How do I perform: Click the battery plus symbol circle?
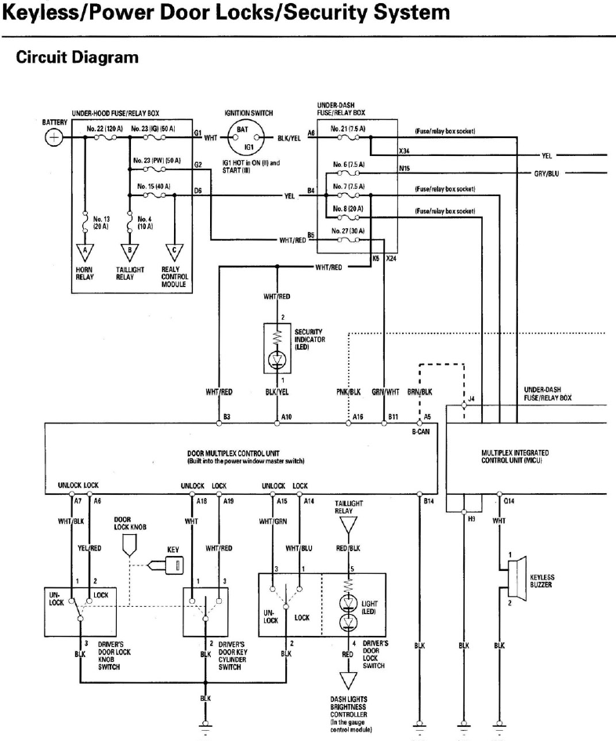click(54, 137)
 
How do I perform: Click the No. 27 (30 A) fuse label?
click(349, 232)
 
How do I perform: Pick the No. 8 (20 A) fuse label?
click(349, 208)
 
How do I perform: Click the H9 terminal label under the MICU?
click(470, 518)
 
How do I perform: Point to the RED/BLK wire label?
click(348, 549)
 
